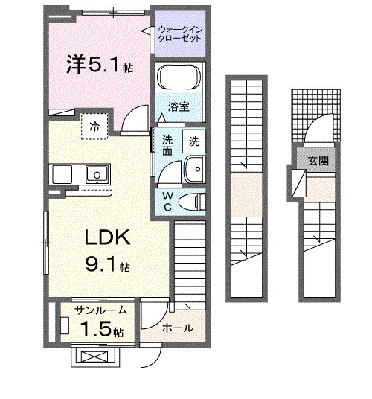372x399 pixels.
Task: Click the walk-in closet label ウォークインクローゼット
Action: click(180, 34)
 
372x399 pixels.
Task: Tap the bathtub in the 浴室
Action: click(179, 77)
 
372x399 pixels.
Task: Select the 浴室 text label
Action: click(179, 106)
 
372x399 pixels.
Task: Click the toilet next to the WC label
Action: click(192, 202)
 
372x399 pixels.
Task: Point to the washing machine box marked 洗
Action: click(193, 141)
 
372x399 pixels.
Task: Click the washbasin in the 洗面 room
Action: click(194, 169)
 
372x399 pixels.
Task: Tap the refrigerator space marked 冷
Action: click(94, 127)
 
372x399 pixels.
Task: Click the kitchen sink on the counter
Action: click(97, 174)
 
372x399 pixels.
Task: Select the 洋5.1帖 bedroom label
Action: click(100, 64)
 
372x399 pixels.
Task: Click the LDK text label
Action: click(107, 237)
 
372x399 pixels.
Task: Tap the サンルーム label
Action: click(101, 310)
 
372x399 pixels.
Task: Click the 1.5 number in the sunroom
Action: click(96, 328)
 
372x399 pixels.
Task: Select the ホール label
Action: click(178, 328)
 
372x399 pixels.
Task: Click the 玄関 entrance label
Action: click(318, 161)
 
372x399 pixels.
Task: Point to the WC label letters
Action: click(168, 202)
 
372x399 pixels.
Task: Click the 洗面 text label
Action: click(167, 145)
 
